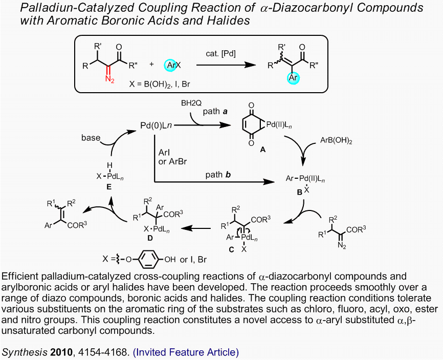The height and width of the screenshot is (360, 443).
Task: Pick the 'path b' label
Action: coord(218,174)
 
